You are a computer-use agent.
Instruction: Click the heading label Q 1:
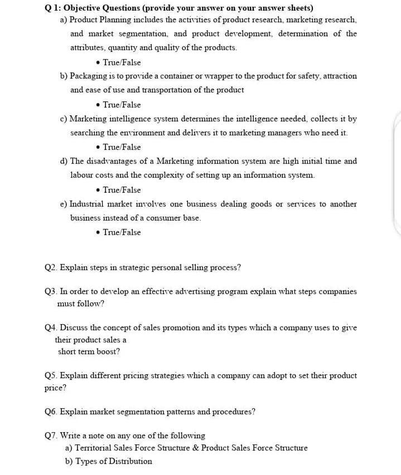pyautogui.click(x=54, y=8)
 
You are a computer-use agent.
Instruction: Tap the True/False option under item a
pyautogui.click(x=122, y=62)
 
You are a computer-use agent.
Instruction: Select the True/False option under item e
pyautogui.click(x=122, y=232)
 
